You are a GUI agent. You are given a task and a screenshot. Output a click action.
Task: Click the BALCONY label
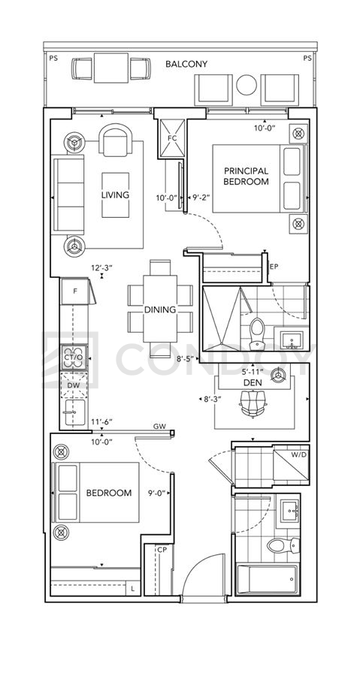186,65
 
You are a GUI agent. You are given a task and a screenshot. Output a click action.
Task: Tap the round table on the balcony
247,85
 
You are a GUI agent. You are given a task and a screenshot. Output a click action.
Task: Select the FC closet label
172,138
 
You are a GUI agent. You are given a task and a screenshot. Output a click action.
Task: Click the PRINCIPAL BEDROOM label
246,177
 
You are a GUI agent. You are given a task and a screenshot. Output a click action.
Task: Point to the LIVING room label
115,195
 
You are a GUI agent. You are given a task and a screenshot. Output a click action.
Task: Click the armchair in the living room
115,140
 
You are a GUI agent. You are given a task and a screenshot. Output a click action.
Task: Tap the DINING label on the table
160,309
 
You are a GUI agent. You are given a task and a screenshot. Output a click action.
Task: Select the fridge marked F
75,291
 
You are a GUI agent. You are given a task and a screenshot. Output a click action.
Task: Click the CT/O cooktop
74,358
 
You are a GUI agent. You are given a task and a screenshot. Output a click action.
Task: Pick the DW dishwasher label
74,385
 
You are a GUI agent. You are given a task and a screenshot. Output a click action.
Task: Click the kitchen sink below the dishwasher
74,412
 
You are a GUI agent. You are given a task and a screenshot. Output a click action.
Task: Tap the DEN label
247,383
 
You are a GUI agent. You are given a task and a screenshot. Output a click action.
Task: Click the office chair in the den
253,403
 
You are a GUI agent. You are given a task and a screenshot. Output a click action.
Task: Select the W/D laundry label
299,454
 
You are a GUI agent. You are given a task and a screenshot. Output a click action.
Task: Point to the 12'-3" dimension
101,267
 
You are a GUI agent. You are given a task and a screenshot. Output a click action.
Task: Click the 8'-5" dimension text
186,358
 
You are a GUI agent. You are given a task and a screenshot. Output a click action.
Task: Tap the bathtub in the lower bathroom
268,579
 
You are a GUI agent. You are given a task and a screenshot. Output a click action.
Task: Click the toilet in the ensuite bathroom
258,333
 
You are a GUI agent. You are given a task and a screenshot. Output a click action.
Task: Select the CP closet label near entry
162,550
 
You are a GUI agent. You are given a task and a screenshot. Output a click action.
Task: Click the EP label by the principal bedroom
274,267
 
